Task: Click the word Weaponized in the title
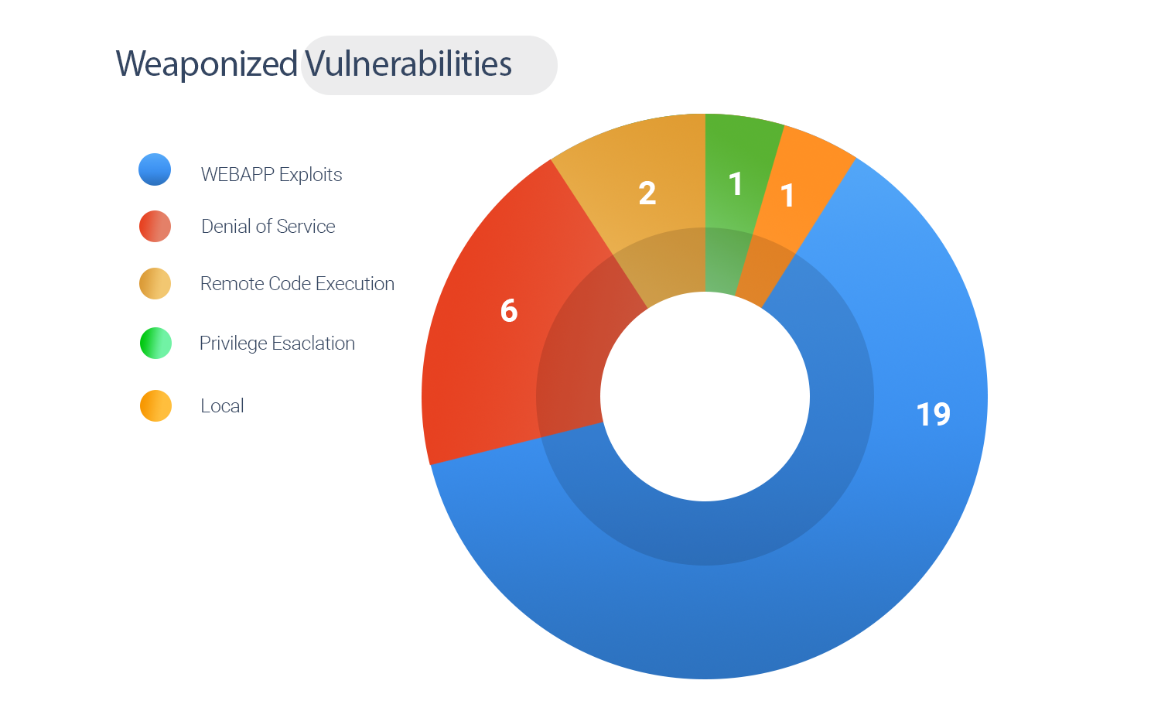pyautogui.click(x=207, y=64)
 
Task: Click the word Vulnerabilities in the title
pyautogui.click(x=408, y=64)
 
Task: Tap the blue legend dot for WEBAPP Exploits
pyautogui.click(x=155, y=169)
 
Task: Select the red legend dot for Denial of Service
pyautogui.click(x=155, y=226)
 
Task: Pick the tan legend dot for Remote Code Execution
pyautogui.click(x=155, y=283)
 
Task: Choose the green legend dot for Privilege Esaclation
pyautogui.click(x=155, y=343)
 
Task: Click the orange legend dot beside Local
pyautogui.click(x=155, y=405)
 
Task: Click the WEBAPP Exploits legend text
pyautogui.click(x=271, y=175)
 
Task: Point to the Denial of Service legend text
pyautogui.click(x=268, y=227)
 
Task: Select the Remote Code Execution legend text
pyautogui.click(x=297, y=284)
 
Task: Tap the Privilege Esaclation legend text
pyautogui.click(x=277, y=344)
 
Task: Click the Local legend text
pyautogui.click(x=222, y=406)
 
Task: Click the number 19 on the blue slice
pyautogui.click(x=933, y=415)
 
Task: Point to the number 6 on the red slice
pyautogui.click(x=509, y=311)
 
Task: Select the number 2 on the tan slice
pyautogui.click(x=647, y=193)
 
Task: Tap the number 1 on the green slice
pyautogui.click(x=736, y=184)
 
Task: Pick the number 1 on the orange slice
pyautogui.click(x=787, y=196)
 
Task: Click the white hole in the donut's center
pyautogui.click(x=705, y=396)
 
